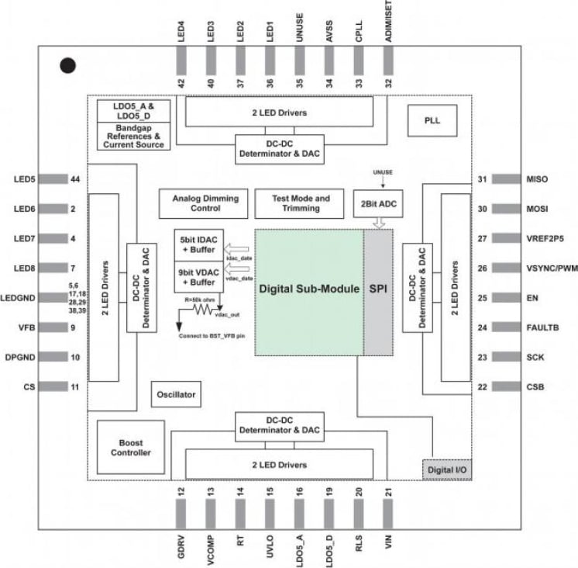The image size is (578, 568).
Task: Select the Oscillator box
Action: point(175,393)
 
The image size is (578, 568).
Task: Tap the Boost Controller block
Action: point(129,447)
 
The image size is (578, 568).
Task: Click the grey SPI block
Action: point(378,289)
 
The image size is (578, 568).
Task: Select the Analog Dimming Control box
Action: point(200,203)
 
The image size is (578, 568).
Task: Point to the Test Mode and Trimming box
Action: point(301,203)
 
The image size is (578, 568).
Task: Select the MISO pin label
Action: point(536,179)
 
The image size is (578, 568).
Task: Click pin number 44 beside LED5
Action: point(75,179)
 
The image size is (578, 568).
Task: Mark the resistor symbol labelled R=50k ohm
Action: point(204,308)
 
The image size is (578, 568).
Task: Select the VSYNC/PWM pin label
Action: point(549,268)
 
